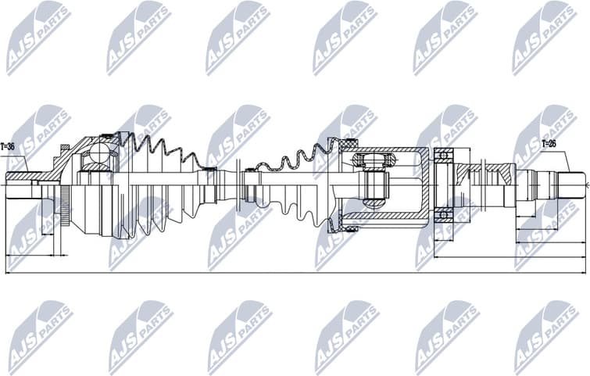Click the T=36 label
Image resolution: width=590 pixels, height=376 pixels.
[x=8, y=146]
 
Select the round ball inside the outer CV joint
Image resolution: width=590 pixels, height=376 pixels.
[x=99, y=153]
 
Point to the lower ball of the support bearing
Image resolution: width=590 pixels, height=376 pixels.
[x=443, y=214]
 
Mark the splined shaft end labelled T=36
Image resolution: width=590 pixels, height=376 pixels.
[x=19, y=185]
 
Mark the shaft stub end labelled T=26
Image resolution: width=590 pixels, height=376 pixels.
[x=570, y=185]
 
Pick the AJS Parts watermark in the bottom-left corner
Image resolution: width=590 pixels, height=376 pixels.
[x=39, y=336]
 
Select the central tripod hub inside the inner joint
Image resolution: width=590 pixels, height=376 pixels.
[x=375, y=186]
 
